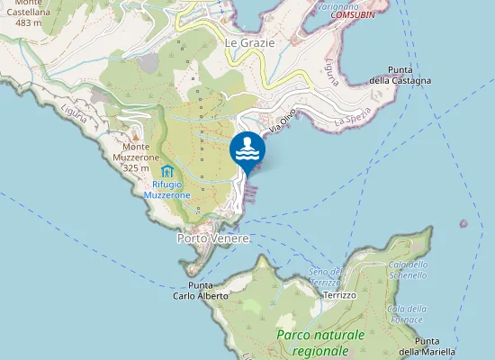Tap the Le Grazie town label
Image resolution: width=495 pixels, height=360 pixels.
[249, 42]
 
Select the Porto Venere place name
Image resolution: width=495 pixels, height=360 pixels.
[212, 239]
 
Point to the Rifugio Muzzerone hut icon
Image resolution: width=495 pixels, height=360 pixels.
[166, 171]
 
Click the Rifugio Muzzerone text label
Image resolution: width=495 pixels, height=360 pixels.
[166, 188]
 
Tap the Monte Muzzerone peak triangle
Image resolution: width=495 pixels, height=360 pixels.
[136, 136]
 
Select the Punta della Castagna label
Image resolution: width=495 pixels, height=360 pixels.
[409, 75]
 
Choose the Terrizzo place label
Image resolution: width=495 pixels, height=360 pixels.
[340, 295]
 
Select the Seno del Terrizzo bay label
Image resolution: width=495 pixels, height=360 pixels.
[325, 277]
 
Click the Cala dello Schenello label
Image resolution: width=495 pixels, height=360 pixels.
[408, 269]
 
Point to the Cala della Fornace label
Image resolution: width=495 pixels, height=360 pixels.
[406, 314]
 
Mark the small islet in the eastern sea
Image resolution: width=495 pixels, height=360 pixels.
[464, 223]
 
